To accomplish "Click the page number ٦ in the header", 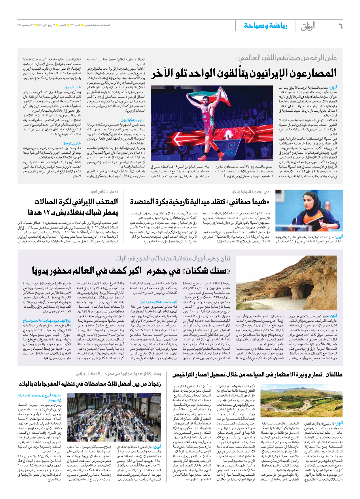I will point(340,26).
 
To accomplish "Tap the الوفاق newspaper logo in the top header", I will point(308,26).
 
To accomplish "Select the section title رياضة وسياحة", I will point(265,26).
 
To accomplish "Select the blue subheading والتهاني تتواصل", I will point(72,143).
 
